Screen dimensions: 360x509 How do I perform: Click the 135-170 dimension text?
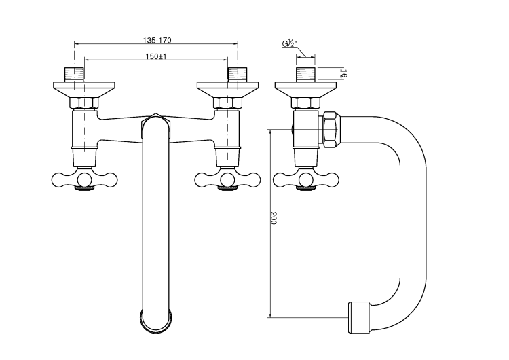click(155, 39)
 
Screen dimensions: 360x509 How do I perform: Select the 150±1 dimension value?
click(155, 56)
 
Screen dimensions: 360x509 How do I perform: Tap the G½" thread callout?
click(290, 44)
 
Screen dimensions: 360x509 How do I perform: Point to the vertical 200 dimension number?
click(274, 219)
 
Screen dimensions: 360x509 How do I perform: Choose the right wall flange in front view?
click(227, 88)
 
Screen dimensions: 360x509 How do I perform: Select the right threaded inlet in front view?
click(237, 74)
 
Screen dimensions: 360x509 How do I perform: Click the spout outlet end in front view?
click(157, 319)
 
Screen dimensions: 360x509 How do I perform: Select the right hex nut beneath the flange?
click(227, 103)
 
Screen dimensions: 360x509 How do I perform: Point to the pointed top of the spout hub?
click(157, 115)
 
